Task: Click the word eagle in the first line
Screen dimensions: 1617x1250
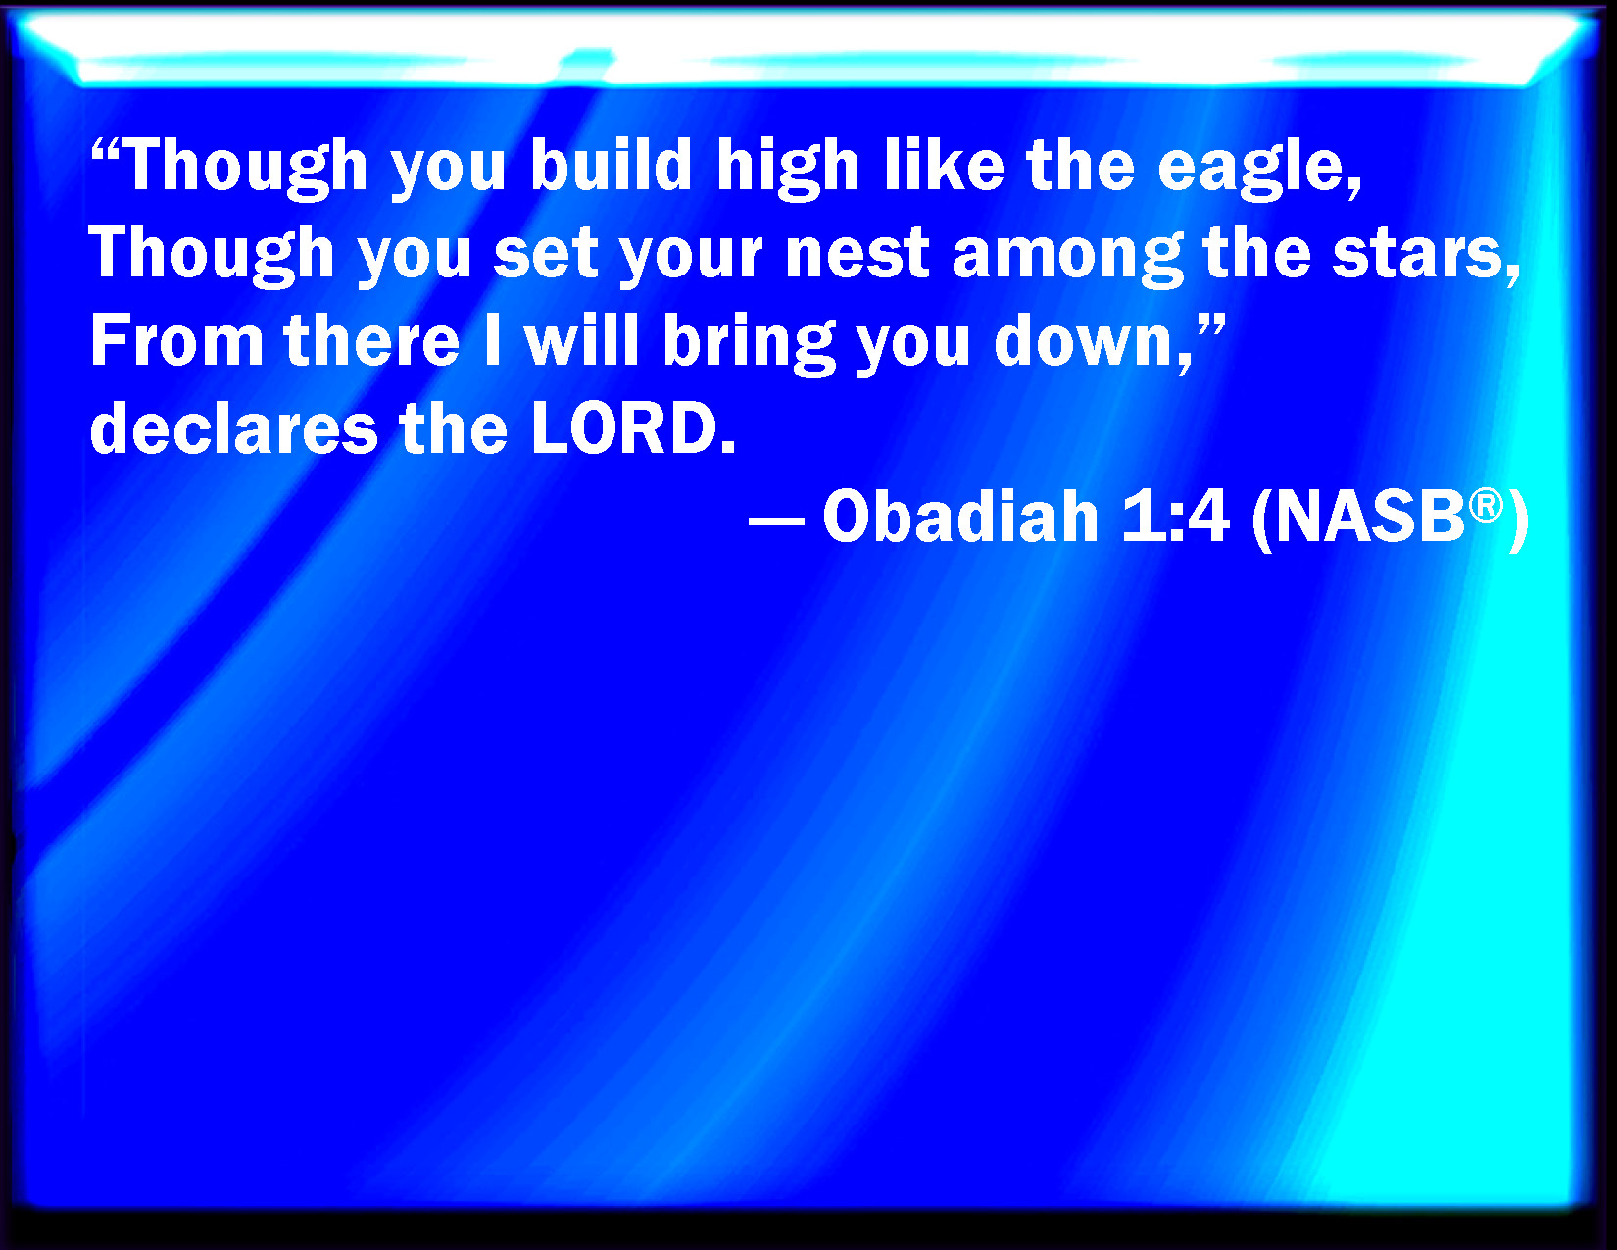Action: (x=1257, y=169)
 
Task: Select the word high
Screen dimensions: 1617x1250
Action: (x=788, y=169)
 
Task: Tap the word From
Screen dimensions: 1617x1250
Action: (x=176, y=342)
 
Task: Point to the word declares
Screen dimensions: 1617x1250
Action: (x=233, y=428)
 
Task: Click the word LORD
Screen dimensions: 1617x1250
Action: (x=632, y=429)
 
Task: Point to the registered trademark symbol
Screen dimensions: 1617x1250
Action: (x=1486, y=506)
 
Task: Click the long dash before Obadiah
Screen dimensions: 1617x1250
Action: (x=776, y=519)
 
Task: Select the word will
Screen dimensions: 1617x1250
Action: (x=581, y=341)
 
